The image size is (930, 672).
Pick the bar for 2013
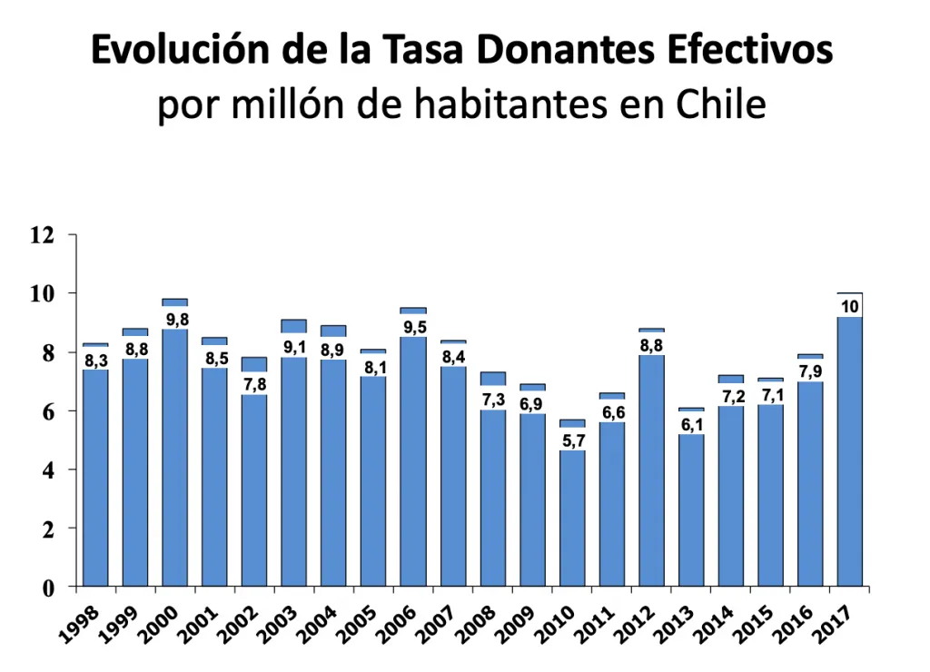(691, 509)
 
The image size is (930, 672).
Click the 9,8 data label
(176, 319)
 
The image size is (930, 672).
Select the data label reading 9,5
(413, 327)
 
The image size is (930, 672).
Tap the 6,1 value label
(691, 424)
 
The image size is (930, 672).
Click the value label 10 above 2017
(850, 306)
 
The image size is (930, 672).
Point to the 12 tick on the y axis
(42, 235)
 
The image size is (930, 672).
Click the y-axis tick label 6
(47, 411)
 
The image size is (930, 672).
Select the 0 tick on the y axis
(47, 588)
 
